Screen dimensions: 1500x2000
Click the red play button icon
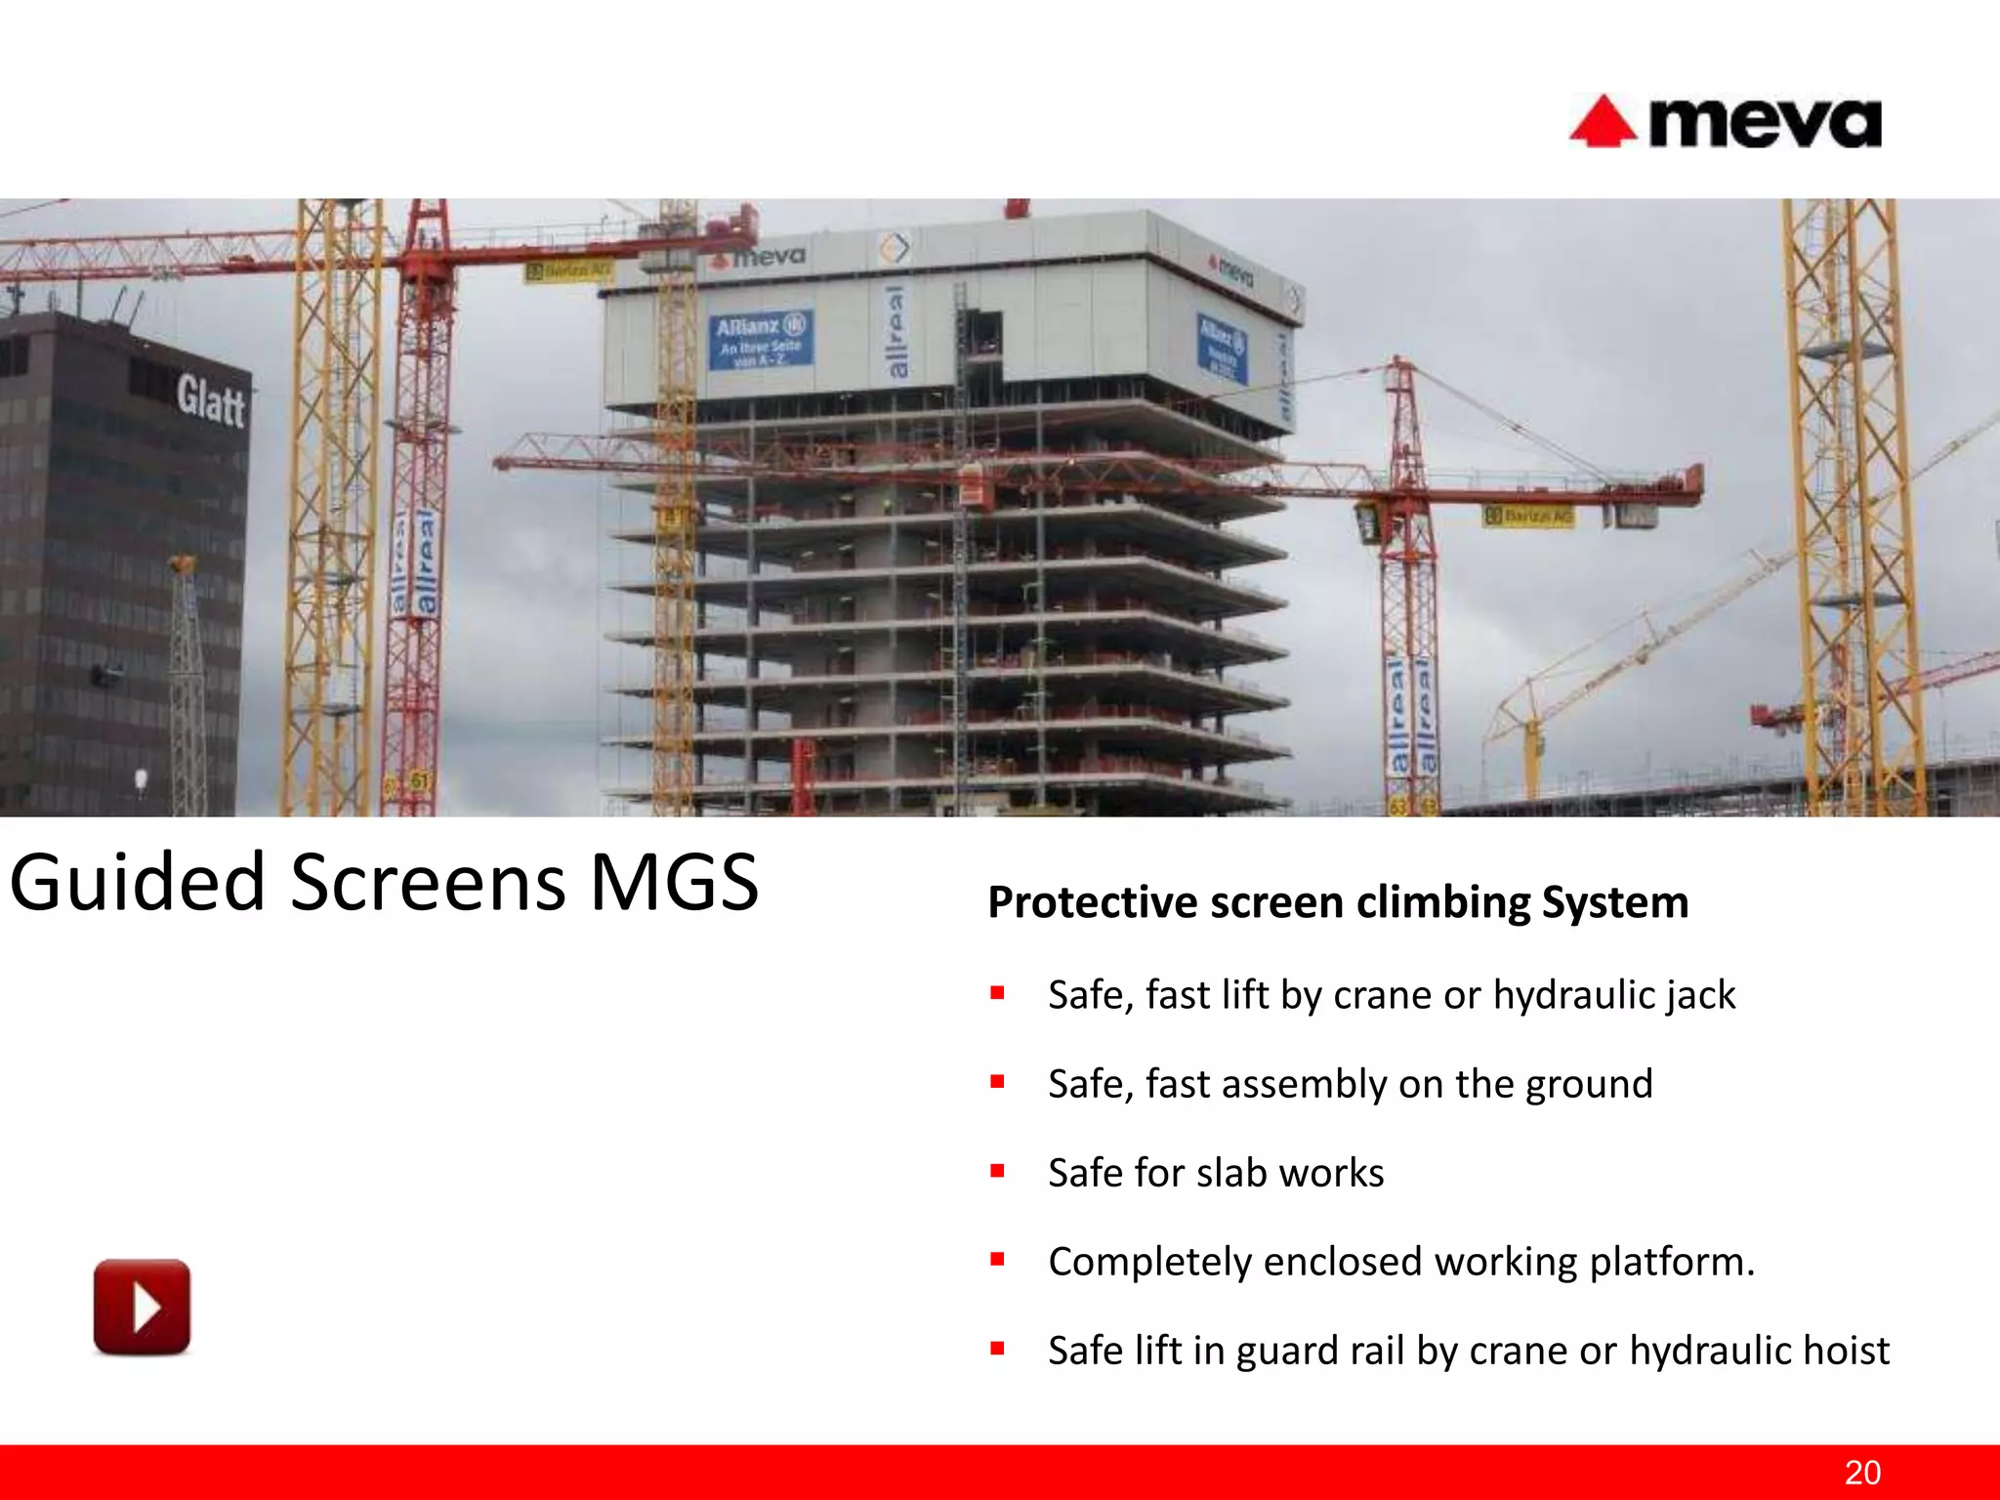142,1307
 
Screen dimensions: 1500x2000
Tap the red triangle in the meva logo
1602,124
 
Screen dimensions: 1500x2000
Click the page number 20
1862,1472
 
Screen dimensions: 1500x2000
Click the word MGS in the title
674,882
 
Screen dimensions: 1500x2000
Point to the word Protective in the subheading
1092,902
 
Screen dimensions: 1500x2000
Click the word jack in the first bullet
1700,995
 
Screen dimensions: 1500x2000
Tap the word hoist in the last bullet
1846,1351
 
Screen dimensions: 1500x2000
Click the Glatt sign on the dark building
210,401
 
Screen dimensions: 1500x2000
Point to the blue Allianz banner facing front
761,340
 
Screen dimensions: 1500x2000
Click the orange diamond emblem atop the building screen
894,248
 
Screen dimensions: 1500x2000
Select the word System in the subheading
1614,902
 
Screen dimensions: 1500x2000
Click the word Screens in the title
428,882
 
